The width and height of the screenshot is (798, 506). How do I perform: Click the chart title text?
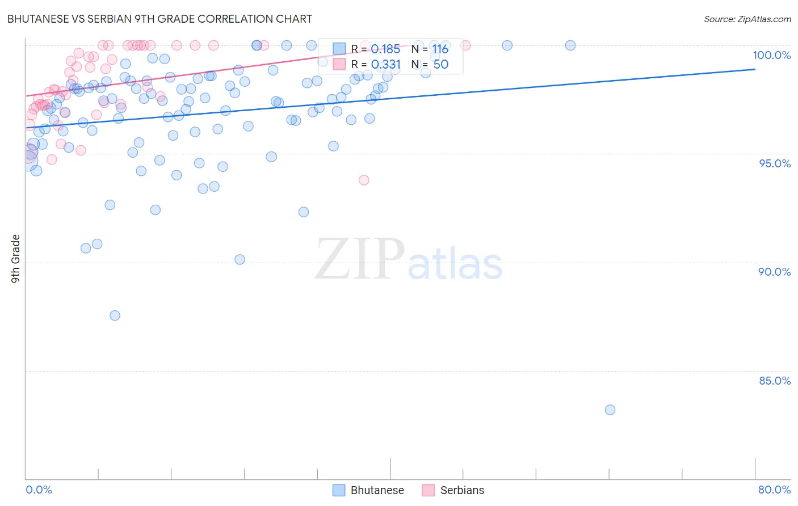click(x=159, y=19)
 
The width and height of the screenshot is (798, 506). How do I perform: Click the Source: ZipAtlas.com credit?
click(x=747, y=19)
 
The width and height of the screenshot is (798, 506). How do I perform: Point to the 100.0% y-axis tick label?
click(x=771, y=55)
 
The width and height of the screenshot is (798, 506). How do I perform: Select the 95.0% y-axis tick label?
click(x=775, y=163)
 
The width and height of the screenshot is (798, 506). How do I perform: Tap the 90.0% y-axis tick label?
click(x=774, y=272)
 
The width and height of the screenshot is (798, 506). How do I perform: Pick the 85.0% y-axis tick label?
click(x=775, y=381)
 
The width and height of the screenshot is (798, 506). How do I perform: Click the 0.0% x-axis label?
click(x=39, y=490)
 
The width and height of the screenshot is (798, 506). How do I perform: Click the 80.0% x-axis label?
click(x=774, y=490)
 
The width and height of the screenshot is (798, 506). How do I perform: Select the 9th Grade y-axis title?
click(x=16, y=259)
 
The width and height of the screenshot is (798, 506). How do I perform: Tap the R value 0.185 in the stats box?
click(x=385, y=49)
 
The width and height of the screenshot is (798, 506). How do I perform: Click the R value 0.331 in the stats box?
click(x=385, y=65)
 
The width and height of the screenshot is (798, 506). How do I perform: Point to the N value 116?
click(x=440, y=49)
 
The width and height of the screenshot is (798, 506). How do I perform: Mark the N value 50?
click(x=440, y=65)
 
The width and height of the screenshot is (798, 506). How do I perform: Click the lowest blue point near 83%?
click(x=610, y=410)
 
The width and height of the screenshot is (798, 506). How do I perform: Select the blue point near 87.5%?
click(x=115, y=315)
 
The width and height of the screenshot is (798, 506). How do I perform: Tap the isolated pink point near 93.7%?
click(x=364, y=180)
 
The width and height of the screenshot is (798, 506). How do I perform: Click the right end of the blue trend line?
click(x=755, y=69)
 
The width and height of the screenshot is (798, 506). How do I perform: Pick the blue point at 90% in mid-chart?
click(x=240, y=259)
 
